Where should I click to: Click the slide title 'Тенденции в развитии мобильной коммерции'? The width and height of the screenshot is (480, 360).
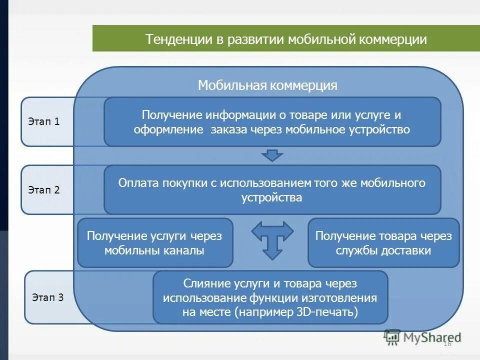(286, 39)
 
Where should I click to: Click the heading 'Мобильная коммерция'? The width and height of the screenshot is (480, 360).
(267, 85)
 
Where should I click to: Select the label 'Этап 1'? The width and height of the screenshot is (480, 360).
(44, 121)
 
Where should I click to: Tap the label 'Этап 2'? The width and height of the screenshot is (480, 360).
(44, 190)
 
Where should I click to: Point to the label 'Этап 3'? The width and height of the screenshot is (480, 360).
(48, 297)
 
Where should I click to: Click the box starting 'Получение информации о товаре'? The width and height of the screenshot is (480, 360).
(272, 122)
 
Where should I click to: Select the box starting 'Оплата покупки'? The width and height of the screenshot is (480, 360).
(272, 190)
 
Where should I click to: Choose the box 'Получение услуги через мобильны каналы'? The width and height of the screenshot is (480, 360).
(154, 243)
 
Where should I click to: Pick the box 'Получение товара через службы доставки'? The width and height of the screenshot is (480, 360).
(383, 243)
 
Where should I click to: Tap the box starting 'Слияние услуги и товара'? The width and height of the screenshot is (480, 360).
(270, 298)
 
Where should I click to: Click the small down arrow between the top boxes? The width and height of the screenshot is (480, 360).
(272, 155)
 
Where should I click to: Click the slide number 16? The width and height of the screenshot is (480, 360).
(447, 343)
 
